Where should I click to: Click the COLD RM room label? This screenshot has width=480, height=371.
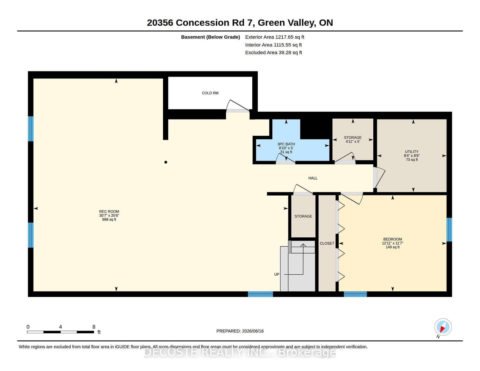coord(210,93)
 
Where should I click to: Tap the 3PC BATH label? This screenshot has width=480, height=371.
coord(286,144)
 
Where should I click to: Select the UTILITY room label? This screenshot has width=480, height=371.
coord(411,152)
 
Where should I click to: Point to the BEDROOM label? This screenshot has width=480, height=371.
coord(392,239)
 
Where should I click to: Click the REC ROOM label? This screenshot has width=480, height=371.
coord(109,211)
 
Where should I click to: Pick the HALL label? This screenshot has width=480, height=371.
coord(313,178)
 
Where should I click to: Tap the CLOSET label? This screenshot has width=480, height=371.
coord(327,243)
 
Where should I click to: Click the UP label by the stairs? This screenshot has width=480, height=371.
coord(276,274)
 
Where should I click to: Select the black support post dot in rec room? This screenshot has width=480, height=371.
coord(165,162)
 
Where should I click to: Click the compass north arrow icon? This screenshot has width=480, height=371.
coord(443,327)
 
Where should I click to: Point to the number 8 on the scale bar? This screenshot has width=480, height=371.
coord(94,327)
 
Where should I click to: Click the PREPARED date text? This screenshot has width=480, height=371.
coord(240,331)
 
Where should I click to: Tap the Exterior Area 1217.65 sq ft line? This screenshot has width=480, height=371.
coord(274,37)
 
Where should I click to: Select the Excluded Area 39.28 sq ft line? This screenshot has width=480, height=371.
coord(273,53)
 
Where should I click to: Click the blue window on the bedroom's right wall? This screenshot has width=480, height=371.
coord(449,229)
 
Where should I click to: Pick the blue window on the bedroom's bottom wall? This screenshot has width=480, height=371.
coord(355,294)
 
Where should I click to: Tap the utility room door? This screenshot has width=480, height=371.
coord(379,178)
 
